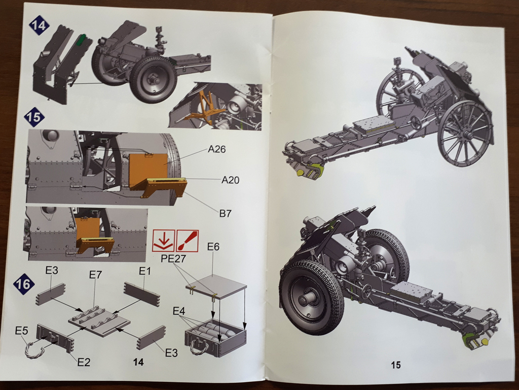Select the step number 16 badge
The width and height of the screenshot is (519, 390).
tap(24, 283)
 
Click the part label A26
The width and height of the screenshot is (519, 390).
tap(216, 150)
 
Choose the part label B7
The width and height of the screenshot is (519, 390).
tap(226, 213)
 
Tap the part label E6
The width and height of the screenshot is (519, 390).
tap(213, 247)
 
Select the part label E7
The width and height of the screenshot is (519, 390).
tap(96, 275)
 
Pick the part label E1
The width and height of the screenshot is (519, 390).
tap(145, 271)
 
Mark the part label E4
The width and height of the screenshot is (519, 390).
tap(180, 310)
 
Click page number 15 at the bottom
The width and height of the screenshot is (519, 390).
tap(396, 365)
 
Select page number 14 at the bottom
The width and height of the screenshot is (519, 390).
tap(138, 362)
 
